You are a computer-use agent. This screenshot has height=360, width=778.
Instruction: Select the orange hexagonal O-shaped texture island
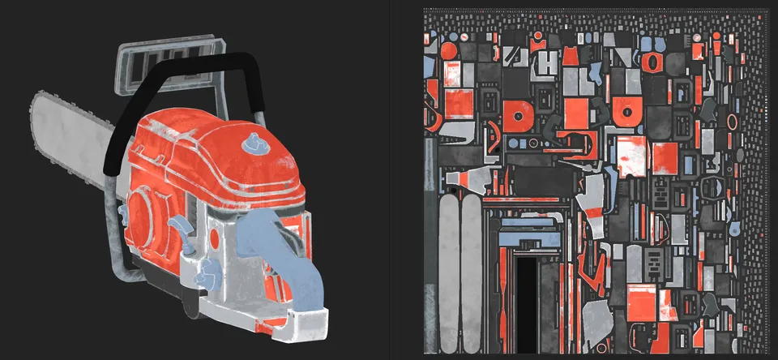(652, 62)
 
